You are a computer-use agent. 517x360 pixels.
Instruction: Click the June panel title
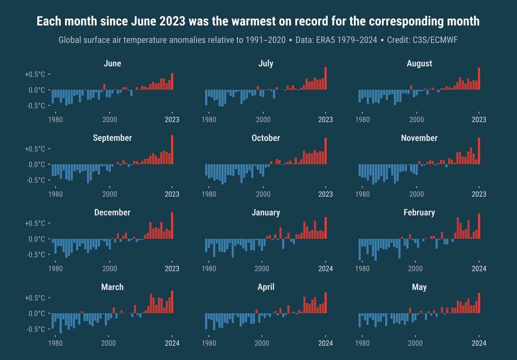[112, 63]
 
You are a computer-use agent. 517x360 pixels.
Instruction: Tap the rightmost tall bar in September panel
[172, 150]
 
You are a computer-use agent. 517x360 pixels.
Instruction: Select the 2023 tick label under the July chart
[325, 120]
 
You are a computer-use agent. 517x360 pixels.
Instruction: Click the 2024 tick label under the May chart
[479, 343]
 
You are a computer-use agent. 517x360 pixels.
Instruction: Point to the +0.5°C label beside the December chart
[35, 223]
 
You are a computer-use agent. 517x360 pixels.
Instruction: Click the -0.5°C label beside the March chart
[35, 329]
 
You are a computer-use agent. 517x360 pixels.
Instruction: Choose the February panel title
[419, 212]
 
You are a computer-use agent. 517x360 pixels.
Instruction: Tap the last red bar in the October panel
[325, 151]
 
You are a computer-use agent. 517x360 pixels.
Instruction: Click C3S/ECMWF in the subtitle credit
[435, 40]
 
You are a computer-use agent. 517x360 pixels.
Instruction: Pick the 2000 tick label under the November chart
[416, 194]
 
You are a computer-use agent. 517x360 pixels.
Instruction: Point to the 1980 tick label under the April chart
[209, 343]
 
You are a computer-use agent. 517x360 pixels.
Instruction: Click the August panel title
[419, 63]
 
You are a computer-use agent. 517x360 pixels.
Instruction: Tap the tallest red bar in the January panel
[325, 228]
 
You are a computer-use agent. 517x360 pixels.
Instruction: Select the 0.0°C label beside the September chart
[37, 165]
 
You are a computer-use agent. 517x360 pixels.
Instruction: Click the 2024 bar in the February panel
[479, 226]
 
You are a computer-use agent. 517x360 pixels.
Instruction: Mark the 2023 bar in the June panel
[172, 82]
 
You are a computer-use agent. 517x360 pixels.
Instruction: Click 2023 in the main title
[172, 21]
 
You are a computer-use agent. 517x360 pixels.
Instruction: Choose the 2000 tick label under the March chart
[108, 343]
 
